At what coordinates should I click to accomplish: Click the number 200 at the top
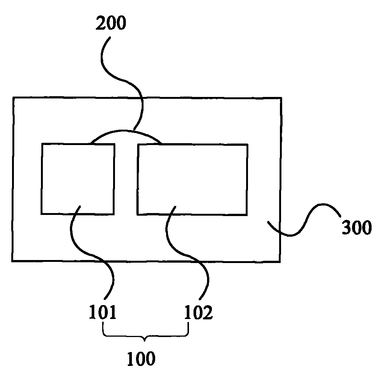click(111, 23)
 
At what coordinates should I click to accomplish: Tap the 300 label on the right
click(357, 227)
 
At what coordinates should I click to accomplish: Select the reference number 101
click(103, 312)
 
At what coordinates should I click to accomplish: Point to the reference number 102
click(198, 312)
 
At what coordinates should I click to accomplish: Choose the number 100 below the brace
click(141, 358)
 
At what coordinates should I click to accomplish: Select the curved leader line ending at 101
click(92, 254)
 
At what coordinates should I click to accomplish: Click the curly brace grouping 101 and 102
click(146, 336)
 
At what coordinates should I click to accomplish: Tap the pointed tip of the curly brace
click(145, 341)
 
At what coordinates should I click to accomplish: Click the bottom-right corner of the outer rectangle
click(280, 262)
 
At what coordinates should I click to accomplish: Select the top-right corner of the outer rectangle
click(281, 98)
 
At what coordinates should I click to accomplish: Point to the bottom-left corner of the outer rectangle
click(12, 261)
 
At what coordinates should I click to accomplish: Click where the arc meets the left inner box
click(91, 144)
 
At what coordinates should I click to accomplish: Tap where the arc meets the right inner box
click(162, 144)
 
